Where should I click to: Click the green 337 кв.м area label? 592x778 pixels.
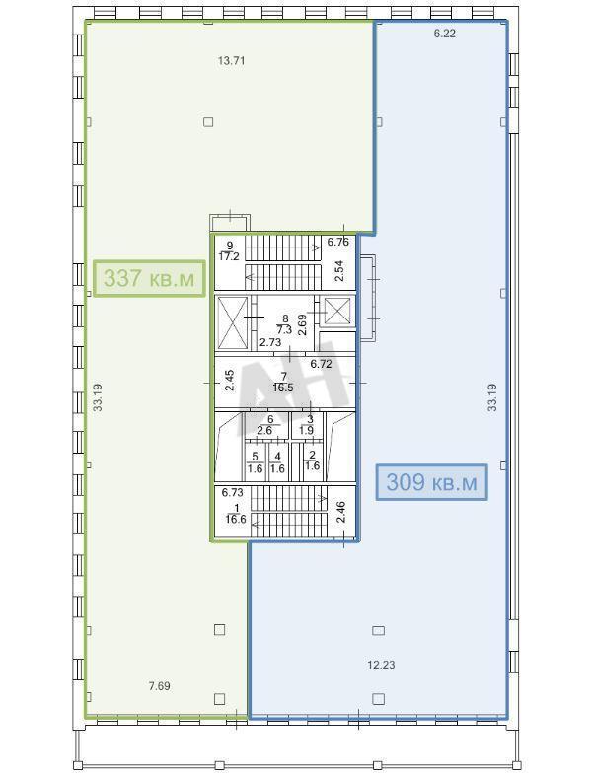(x=150, y=278)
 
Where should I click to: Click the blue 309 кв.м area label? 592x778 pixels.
(x=431, y=482)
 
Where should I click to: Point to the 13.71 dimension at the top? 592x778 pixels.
(x=232, y=61)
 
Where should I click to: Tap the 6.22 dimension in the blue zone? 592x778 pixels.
(x=445, y=34)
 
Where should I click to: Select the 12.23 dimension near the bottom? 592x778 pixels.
(x=381, y=665)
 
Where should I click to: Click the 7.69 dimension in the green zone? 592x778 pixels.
(x=160, y=686)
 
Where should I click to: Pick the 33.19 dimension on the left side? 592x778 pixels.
(x=98, y=397)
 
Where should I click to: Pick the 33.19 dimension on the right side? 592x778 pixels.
(x=492, y=397)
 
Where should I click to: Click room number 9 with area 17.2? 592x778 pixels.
(x=230, y=251)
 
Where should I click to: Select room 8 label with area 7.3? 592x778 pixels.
(x=284, y=324)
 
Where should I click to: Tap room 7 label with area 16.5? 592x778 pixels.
(x=283, y=383)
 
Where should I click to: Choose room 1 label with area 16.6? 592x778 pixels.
(x=236, y=514)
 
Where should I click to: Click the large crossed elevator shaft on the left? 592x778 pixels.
(x=233, y=323)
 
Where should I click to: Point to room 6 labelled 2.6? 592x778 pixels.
(x=264, y=425)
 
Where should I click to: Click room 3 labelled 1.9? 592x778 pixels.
(x=307, y=425)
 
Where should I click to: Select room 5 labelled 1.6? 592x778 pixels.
(x=255, y=462)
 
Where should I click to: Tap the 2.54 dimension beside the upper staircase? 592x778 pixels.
(x=339, y=271)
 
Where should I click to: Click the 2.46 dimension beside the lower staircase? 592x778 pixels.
(x=341, y=513)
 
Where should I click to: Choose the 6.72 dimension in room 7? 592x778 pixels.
(x=321, y=364)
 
